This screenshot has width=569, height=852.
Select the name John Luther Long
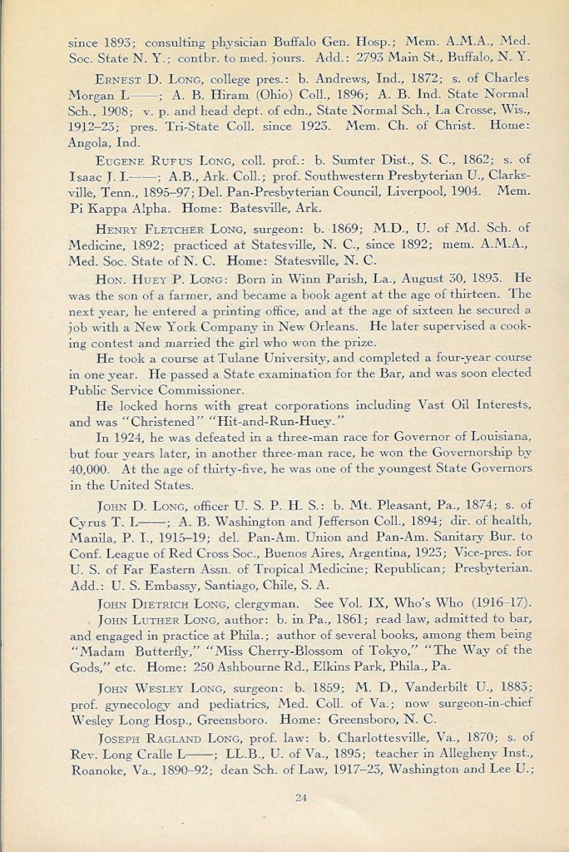151,621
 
